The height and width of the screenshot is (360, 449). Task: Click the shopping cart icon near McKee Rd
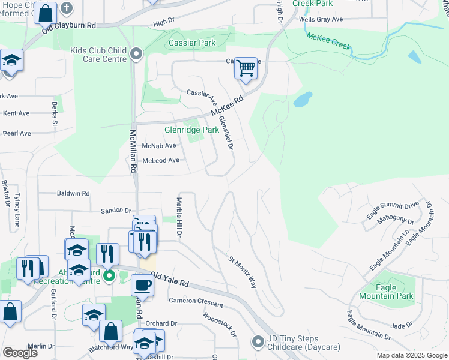coord(246,68)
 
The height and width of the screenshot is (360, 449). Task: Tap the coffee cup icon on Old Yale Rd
coord(142,285)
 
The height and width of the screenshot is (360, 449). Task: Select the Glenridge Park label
coord(192,130)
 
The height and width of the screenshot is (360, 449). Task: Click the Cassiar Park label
coord(191,43)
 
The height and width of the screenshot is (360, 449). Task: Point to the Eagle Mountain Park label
coord(386,292)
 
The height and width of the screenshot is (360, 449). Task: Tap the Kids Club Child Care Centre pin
coord(136,55)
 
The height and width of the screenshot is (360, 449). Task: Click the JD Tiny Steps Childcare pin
coord(258,342)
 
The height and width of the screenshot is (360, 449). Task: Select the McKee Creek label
coord(328,41)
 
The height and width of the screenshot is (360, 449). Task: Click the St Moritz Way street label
coord(242,272)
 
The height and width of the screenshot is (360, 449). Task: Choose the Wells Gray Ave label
coord(321,19)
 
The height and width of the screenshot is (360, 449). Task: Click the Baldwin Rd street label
coord(73,194)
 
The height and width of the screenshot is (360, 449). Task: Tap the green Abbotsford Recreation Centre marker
coord(109,277)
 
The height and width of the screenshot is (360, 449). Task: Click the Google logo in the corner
coord(20,352)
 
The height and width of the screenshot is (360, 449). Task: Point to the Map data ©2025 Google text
coord(412,355)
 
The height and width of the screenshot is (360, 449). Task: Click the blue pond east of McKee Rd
coord(303,99)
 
